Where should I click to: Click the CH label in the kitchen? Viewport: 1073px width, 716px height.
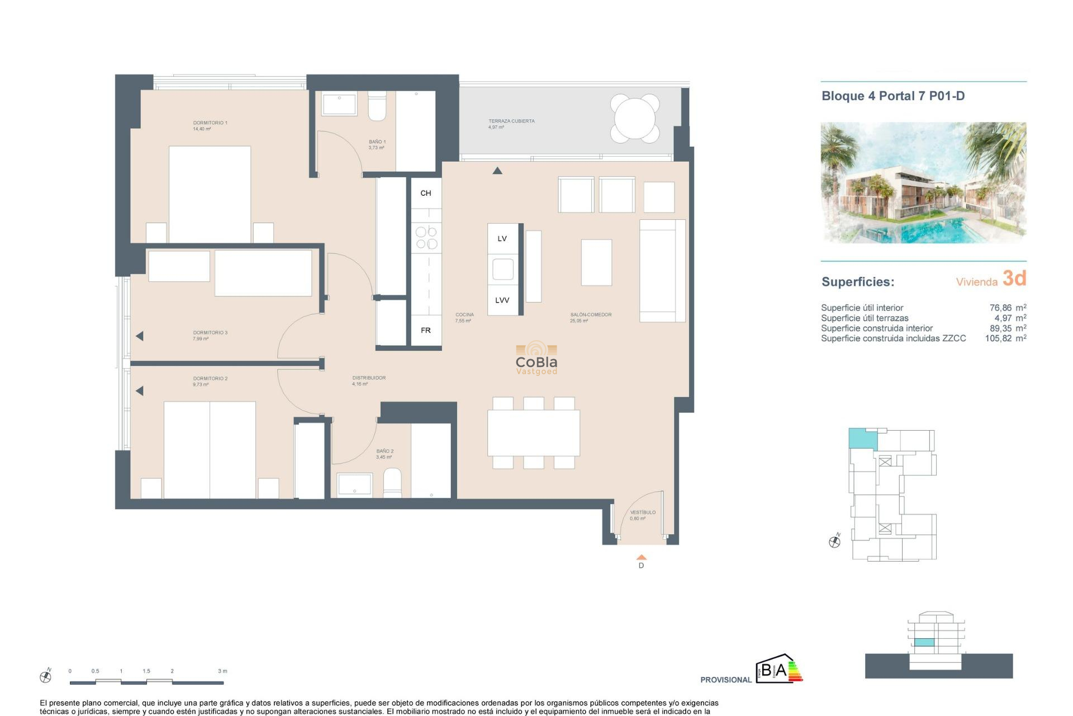tap(425, 193)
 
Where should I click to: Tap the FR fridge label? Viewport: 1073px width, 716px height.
tap(425, 330)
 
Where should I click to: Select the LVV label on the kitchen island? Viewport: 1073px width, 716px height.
tap(502, 300)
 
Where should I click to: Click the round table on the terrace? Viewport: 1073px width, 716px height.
tap(635, 118)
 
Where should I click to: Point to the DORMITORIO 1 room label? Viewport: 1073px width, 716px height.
tap(210, 123)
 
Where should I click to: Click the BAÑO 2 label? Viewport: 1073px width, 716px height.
tap(384, 451)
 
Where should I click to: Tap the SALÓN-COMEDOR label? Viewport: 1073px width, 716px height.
tap(590, 314)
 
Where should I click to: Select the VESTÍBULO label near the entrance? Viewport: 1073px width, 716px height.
tap(643, 512)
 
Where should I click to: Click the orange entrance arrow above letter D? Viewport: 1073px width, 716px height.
tap(641, 557)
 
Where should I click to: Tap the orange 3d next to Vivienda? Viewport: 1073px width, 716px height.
tap(1014, 278)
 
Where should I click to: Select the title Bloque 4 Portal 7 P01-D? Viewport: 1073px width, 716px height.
tap(892, 96)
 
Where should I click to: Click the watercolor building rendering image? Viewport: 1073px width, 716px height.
tap(923, 182)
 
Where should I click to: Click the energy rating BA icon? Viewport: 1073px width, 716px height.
tap(779, 669)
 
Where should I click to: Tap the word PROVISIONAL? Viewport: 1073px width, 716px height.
tap(725, 680)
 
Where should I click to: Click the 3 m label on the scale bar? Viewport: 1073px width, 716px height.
tap(222, 671)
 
